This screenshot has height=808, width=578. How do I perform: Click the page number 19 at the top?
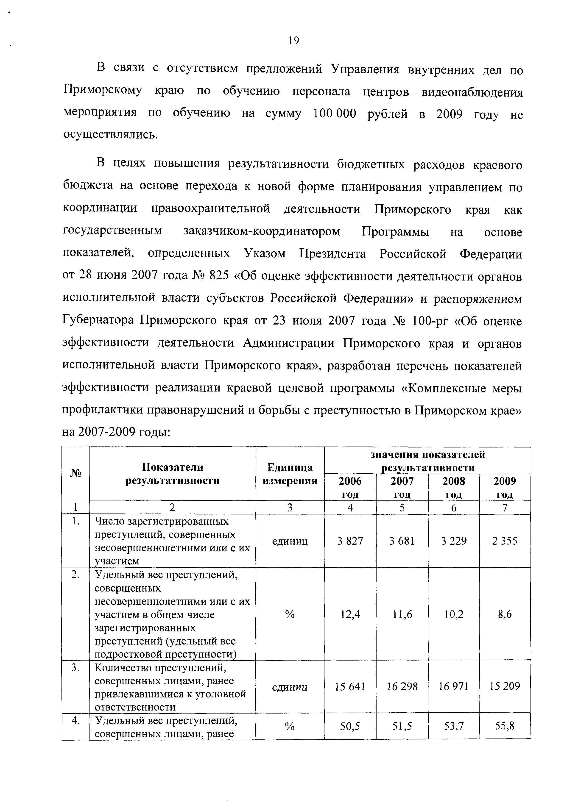(294, 41)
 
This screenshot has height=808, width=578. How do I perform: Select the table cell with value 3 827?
(350, 541)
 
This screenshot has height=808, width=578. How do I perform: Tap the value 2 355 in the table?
(504, 541)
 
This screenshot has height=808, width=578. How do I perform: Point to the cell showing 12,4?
(350, 614)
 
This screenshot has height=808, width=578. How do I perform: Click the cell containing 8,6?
(504, 614)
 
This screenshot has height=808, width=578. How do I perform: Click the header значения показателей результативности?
(427, 461)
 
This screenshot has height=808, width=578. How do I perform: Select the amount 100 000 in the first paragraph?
(334, 114)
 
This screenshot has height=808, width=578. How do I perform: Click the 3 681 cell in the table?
(402, 541)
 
